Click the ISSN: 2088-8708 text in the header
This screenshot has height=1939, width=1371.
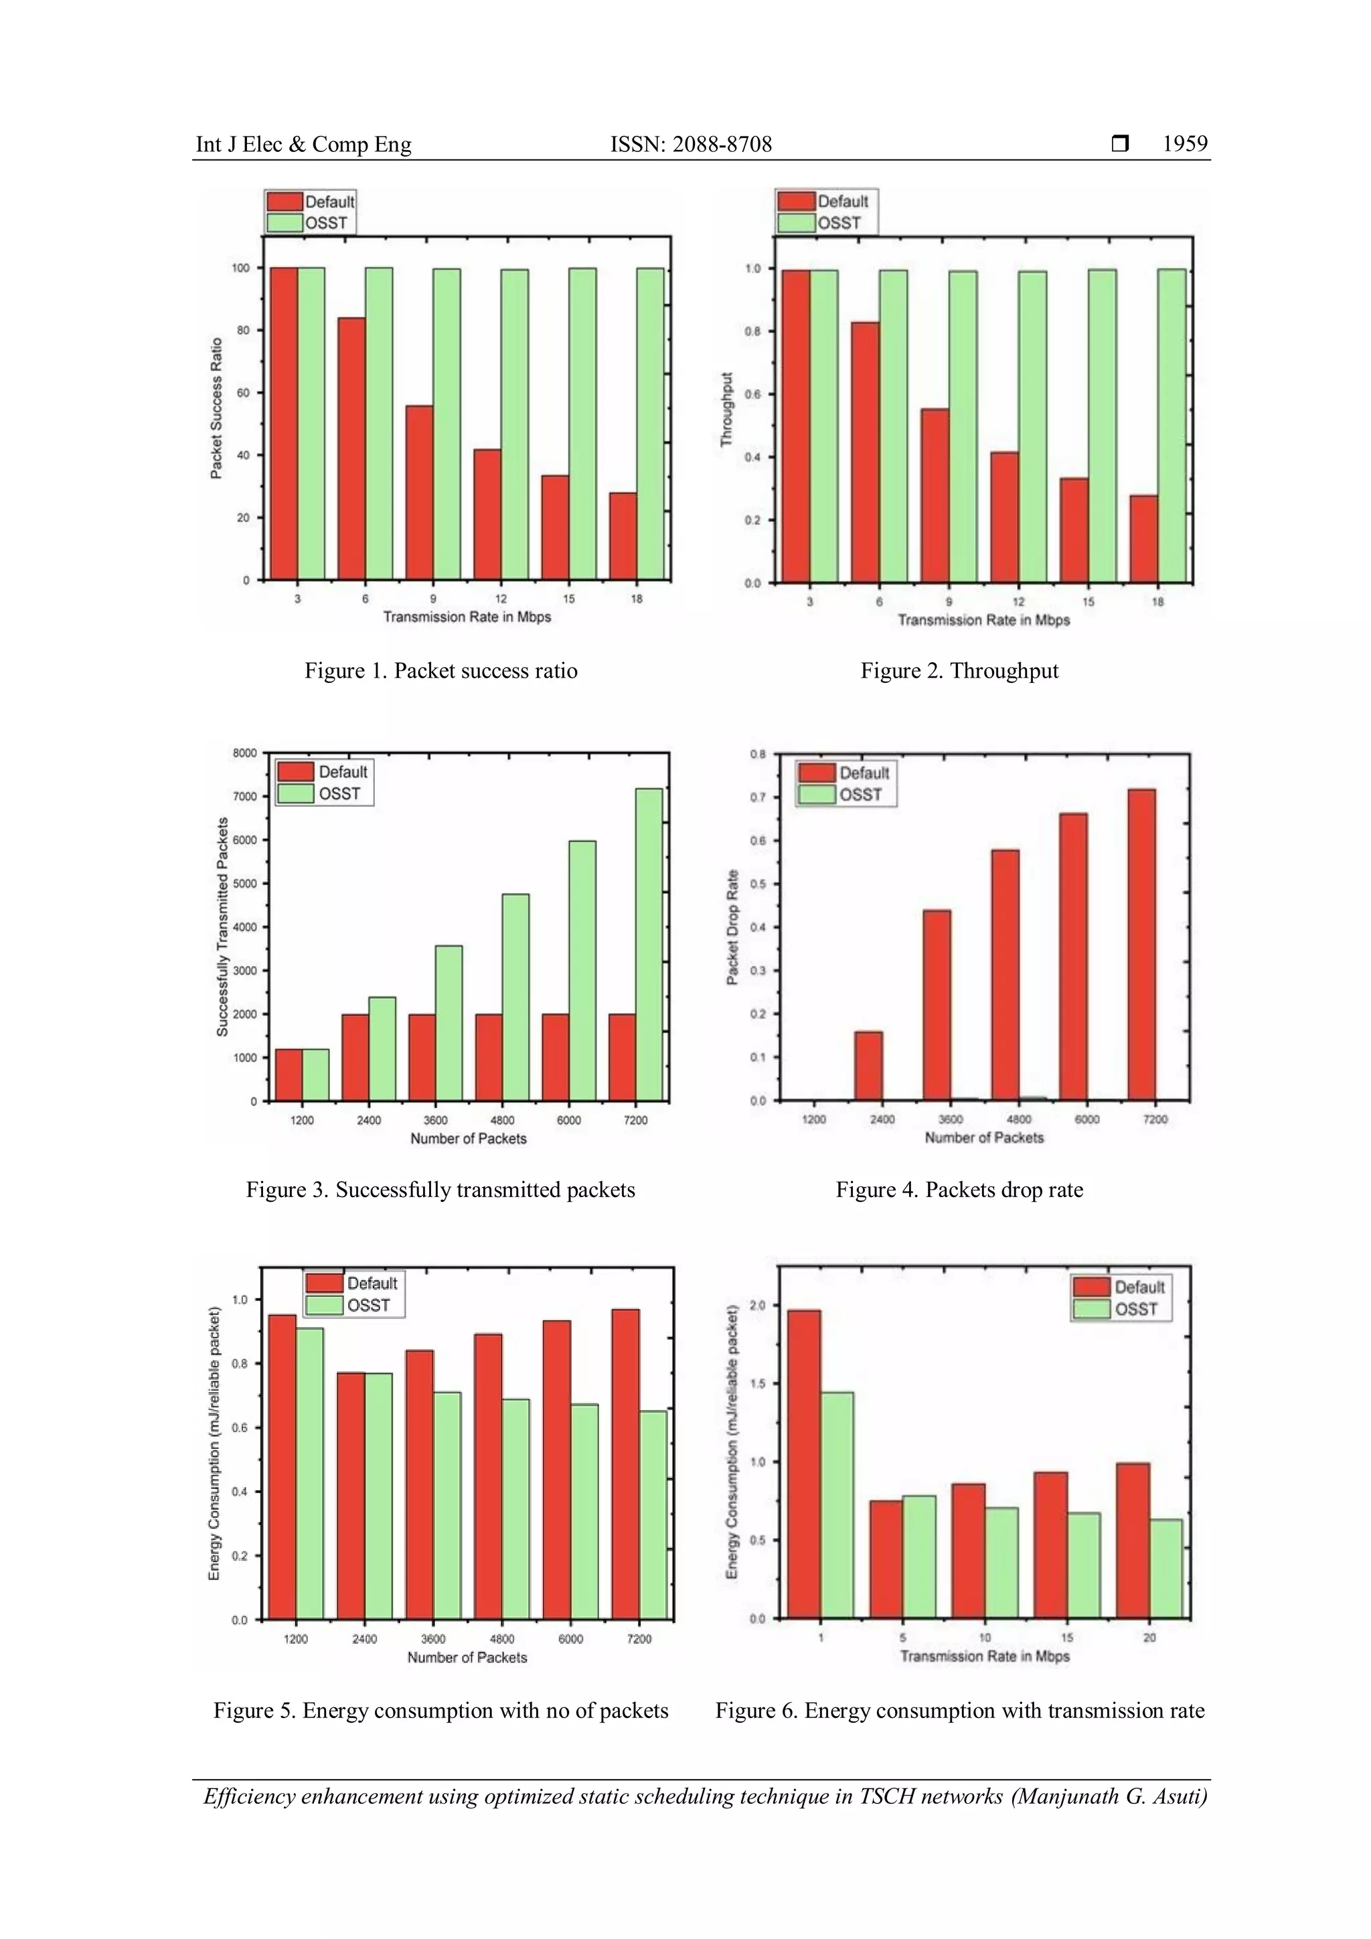click(691, 145)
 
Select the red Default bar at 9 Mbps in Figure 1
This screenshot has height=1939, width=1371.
click(420, 492)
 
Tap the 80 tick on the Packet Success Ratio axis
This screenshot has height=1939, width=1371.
click(243, 330)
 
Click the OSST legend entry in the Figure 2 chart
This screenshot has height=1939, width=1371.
click(838, 223)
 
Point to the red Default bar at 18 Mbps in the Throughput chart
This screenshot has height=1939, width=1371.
click(1143, 539)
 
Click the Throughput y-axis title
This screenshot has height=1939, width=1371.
click(727, 410)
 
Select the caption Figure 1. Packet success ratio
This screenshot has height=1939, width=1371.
click(440, 670)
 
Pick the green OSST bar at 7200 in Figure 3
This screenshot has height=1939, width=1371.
click(649, 944)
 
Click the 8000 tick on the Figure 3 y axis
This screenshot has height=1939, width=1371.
click(245, 753)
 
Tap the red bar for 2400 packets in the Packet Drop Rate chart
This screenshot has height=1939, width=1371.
click(869, 1066)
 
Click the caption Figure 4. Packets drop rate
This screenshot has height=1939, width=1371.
click(959, 1189)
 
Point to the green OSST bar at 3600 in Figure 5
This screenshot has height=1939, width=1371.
click(447, 1505)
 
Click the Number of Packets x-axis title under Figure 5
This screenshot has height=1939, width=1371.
click(467, 1657)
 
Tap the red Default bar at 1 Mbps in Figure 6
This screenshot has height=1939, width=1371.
click(804, 1464)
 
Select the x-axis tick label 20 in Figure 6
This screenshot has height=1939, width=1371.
click(1149, 1636)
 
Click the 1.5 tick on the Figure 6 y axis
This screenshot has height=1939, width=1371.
click(757, 1383)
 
